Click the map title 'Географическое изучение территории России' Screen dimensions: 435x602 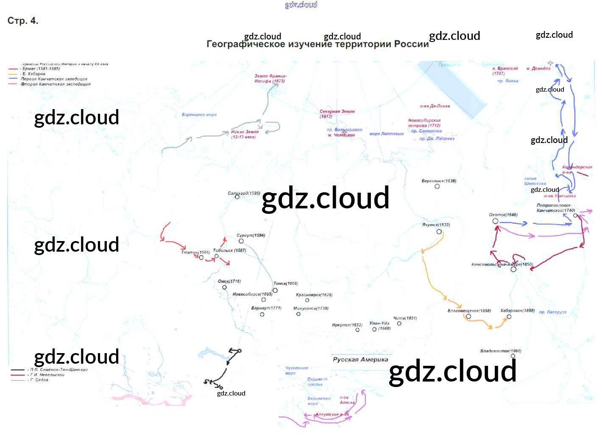pos(318,44)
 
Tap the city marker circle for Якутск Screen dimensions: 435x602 pos(439,232)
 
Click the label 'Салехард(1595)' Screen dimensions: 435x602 pos(244,193)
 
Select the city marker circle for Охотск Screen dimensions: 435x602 pos(495,221)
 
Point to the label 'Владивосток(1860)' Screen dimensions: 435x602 pos(500,351)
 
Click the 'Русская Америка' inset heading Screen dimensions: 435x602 pos(360,359)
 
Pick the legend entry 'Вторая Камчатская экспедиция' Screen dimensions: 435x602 pos(56,84)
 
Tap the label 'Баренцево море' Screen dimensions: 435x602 pos(199,115)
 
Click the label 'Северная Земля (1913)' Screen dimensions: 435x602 pos(337,114)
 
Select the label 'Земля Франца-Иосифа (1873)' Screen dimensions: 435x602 pos(270,79)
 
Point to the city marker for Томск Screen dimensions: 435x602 pos(275,290)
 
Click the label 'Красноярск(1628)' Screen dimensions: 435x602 pos(314,295)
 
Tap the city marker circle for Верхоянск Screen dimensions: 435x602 pos(437,186)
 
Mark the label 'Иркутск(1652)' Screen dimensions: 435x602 pos(347,325)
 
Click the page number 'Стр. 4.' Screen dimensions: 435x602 pos(23,21)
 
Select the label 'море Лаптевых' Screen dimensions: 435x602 pos(387,134)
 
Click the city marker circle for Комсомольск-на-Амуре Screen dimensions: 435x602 pos(513,269)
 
